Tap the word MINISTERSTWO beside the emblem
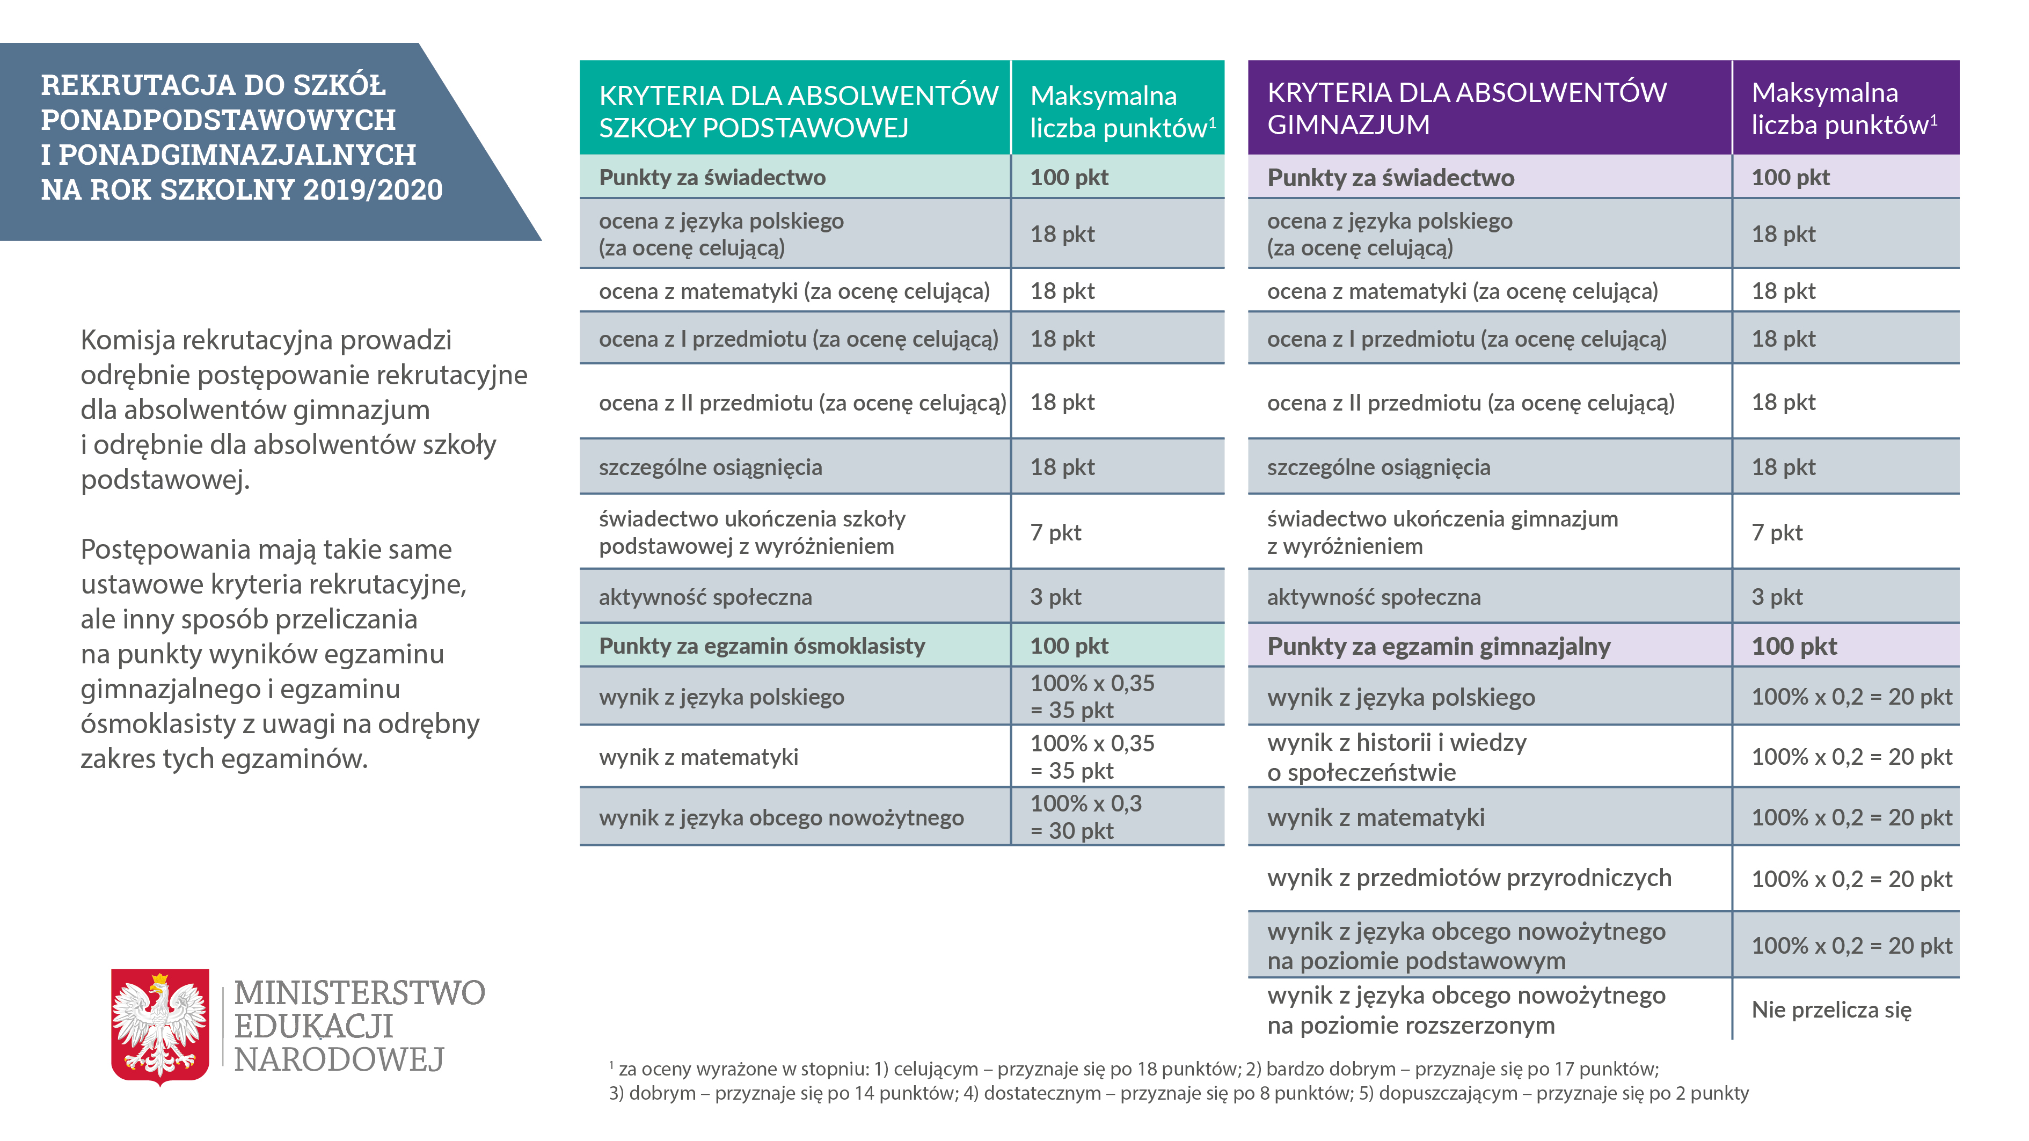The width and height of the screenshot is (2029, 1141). click(x=359, y=993)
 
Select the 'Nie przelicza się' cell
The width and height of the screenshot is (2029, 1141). click(x=1830, y=1010)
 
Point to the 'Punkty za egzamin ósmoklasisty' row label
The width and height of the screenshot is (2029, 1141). click(x=762, y=646)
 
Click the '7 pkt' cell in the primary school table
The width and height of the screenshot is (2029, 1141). click(x=1055, y=532)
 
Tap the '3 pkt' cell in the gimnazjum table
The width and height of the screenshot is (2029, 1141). click(x=1776, y=597)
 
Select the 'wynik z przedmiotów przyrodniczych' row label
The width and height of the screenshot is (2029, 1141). click(x=1469, y=878)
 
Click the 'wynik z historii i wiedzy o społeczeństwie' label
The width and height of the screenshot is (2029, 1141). click(x=1397, y=757)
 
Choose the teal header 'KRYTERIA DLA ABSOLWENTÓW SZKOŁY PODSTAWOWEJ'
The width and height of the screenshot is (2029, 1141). click(x=797, y=110)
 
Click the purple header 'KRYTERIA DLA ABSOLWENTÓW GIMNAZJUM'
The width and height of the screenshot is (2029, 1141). click(x=1466, y=108)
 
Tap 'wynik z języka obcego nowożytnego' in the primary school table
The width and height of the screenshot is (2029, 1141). click(x=780, y=817)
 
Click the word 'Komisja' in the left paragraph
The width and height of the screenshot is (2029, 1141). click(x=128, y=340)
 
